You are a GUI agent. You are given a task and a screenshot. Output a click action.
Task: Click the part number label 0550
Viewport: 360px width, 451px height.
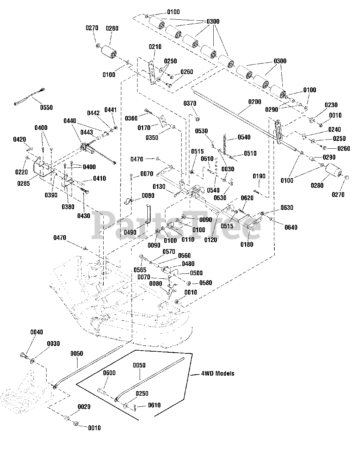(46, 107)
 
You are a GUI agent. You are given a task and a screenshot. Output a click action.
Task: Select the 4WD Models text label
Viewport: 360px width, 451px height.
(218, 373)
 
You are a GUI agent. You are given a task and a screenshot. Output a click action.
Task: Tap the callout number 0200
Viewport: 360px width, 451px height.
(255, 102)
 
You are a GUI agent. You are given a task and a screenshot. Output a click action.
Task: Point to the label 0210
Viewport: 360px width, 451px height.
(155, 47)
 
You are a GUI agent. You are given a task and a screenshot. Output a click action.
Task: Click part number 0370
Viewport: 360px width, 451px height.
(190, 103)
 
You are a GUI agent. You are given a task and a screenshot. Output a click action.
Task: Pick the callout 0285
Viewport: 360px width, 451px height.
(24, 184)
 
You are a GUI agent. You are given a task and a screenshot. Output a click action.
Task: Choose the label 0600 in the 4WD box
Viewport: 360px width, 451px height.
(109, 373)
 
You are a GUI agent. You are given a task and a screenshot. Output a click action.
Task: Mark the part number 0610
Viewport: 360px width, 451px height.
(154, 405)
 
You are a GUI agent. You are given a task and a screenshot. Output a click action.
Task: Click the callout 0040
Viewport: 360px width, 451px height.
(37, 332)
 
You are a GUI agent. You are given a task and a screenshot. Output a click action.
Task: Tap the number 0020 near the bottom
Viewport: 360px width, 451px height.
(84, 407)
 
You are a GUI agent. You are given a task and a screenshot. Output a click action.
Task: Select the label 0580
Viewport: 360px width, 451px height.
(206, 283)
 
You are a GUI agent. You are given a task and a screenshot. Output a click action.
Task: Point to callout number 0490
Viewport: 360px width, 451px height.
(130, 233)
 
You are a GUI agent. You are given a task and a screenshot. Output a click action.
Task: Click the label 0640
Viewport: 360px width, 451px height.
(291, 227)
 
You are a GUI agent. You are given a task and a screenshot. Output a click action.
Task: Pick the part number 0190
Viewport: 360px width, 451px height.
(259, 176)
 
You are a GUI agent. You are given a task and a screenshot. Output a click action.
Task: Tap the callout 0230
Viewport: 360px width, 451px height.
(331, 105)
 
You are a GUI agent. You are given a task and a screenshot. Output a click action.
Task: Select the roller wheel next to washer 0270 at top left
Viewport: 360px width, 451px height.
(109, 52)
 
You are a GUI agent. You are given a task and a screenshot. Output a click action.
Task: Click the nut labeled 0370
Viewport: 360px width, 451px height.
(197, 119)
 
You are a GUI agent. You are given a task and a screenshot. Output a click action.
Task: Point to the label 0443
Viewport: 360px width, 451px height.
(87, 132)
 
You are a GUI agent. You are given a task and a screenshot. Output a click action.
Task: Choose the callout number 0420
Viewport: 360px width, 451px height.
(19, 140)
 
